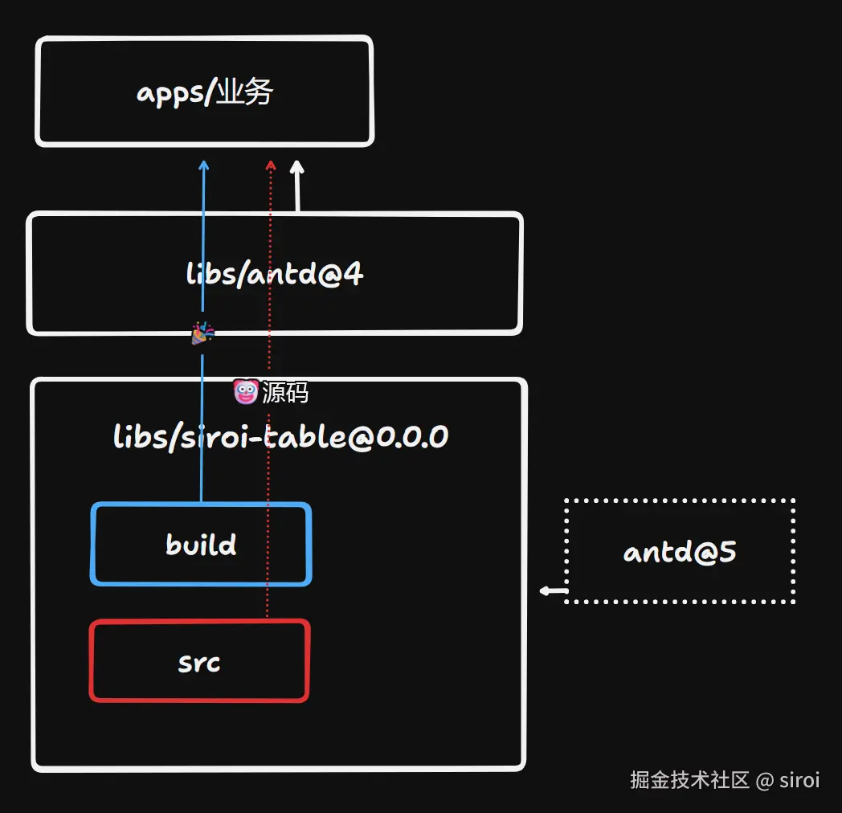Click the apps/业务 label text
205,93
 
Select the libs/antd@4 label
275,275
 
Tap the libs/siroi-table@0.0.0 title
280,437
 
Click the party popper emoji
202,333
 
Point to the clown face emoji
244,392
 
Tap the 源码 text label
285,393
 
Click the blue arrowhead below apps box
203,165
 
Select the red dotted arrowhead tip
271,165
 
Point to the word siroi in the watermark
799,779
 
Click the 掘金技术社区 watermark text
689,779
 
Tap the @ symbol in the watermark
765,779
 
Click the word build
201,545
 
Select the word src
199,663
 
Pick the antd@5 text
680,552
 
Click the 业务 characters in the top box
246,93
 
